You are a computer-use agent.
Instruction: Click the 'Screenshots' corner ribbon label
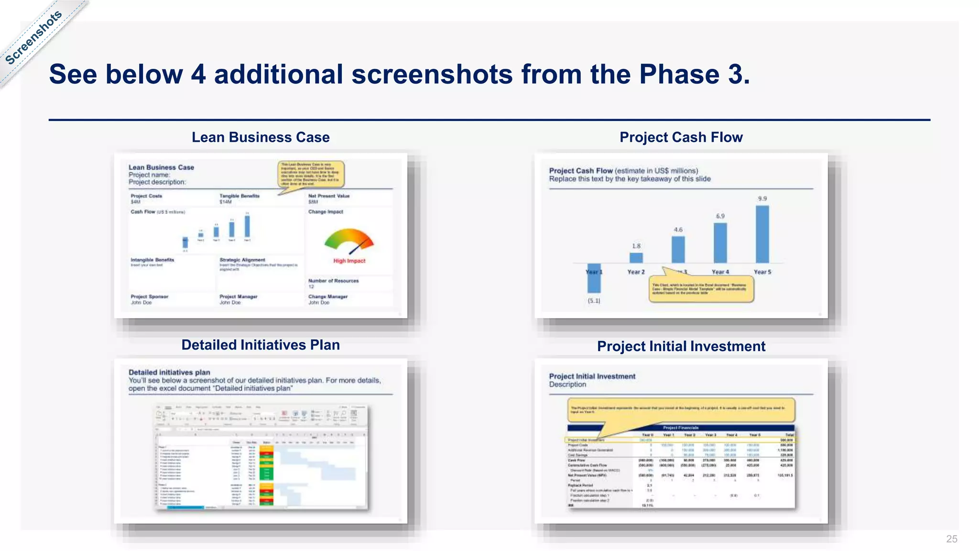[x=34, y=37]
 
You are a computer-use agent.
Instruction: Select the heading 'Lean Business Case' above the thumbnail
[x=261, y=137]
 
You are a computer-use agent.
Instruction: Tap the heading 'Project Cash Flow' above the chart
[x=681, y=137]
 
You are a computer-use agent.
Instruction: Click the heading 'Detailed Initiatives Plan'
[x=261, y=345]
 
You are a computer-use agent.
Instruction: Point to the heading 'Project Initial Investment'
[x=681, y=346]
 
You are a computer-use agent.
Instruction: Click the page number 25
[x=951, y=539]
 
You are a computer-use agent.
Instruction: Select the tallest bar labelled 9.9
[x=762, y=234]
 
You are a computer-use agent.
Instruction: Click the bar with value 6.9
[x=720, y=242]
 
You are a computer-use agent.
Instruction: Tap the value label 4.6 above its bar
[x=678, y=230]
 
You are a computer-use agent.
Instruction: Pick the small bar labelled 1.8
[x=636, y=258]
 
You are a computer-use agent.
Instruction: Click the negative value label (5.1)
[x=594, y=301]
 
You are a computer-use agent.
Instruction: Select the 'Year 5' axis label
[x=762, y=272]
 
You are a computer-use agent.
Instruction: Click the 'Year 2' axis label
[x=636, y=272]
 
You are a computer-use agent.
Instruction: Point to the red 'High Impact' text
[x=349, y=261]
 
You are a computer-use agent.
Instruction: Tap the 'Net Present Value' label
[x=329, y=196]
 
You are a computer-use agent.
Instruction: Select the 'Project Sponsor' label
[x=150, y=297]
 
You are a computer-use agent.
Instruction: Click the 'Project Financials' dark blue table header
[x=681, y=428]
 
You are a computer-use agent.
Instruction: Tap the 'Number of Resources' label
[x=333, y=281]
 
